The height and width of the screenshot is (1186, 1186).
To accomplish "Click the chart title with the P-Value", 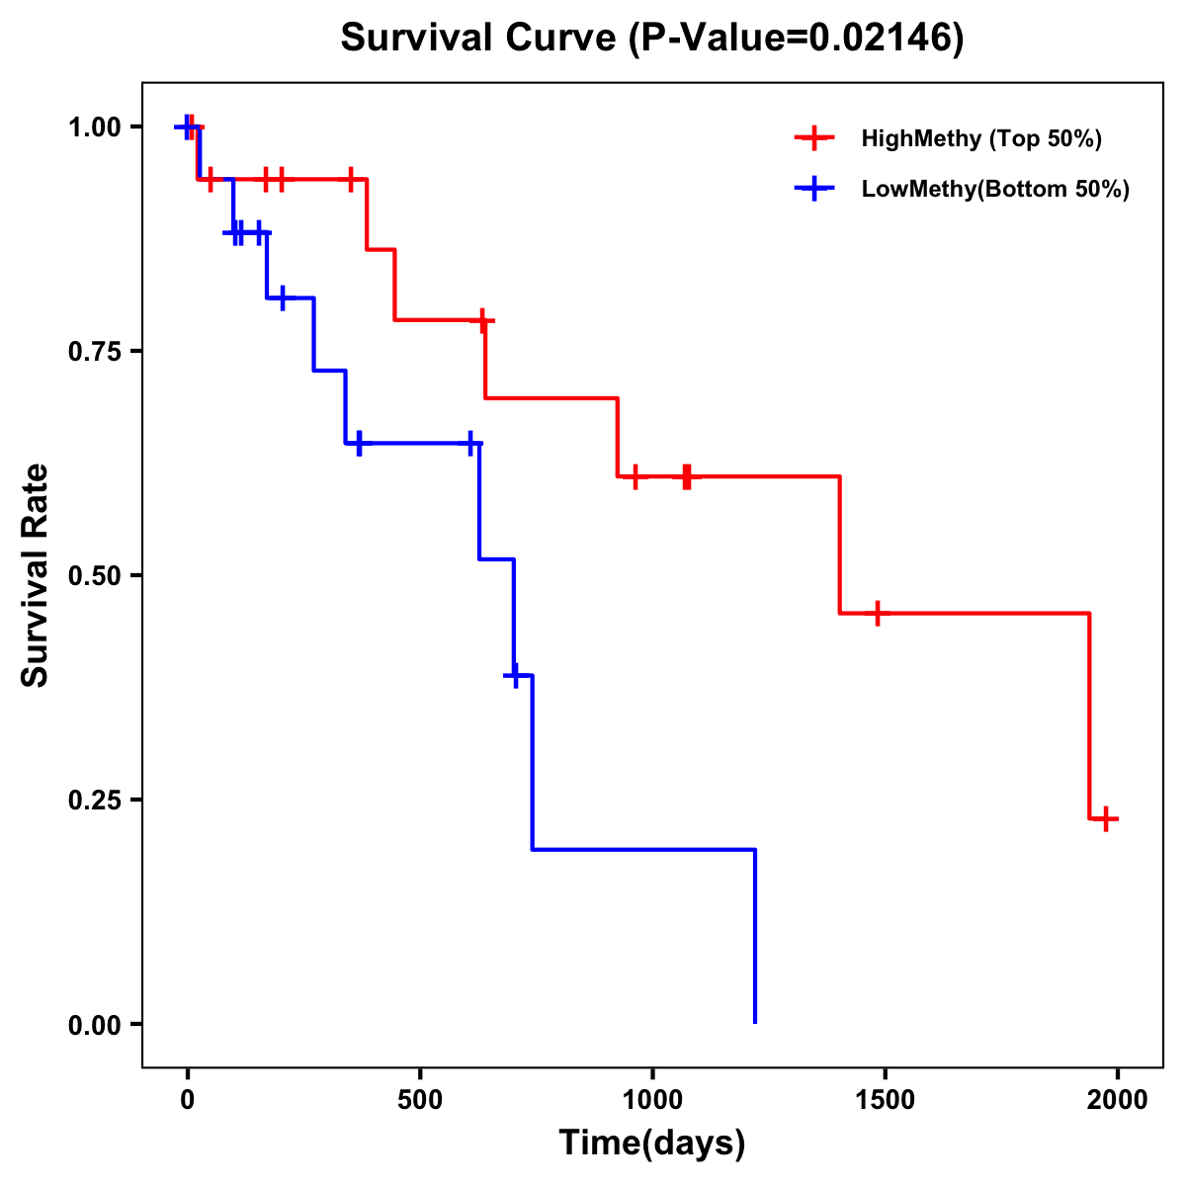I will (x=651, y=38).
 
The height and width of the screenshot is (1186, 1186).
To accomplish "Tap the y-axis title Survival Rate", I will (x=36, y=574).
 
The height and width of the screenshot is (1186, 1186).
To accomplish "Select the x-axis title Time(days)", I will (x=651, y=1143).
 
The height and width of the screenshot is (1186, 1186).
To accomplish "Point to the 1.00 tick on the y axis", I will (x=95, y=127).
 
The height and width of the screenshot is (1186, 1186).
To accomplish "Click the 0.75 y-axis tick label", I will (x=95, y=352).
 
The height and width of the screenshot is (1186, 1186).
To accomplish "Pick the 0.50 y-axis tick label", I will (x=95, y=576).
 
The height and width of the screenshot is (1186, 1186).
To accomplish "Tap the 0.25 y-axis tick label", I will (x=95, y=801).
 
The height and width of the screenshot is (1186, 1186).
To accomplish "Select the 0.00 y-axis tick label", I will (x=95, y=1025).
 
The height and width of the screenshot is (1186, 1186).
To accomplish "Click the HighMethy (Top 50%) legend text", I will (x=980, y=138).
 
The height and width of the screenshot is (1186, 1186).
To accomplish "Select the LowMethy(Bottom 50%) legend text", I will (x=995, y=190).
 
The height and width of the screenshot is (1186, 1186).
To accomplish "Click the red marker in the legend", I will (x=814, y=138).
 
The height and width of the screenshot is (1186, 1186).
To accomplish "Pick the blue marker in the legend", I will (x=814, y=189).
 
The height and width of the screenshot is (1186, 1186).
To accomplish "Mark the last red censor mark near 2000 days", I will (x=1107, y=818).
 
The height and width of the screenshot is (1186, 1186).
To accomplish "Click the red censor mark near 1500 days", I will (x=876, y=613).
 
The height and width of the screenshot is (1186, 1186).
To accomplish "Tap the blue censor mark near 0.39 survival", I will (x=514, y=675).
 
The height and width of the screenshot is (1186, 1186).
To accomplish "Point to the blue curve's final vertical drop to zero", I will (x=755, y=939).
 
